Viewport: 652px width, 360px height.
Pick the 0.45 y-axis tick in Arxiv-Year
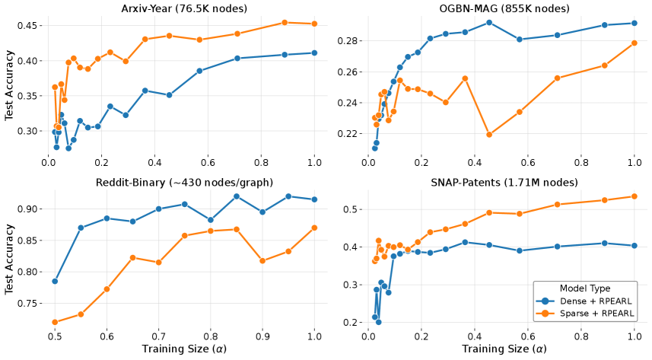coord(29,26)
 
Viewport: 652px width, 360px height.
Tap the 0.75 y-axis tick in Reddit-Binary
coord(29,303)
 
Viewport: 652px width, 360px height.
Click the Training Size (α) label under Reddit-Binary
coord(181,349)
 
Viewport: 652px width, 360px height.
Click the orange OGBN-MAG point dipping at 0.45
coord(488,135)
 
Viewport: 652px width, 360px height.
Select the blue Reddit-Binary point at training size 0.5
coord(55,281)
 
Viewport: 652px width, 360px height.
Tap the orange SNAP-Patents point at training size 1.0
coord(634,196)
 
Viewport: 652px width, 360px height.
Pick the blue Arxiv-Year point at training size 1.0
coord(314,53)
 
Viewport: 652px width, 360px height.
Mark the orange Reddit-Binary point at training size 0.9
coord(262,261)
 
